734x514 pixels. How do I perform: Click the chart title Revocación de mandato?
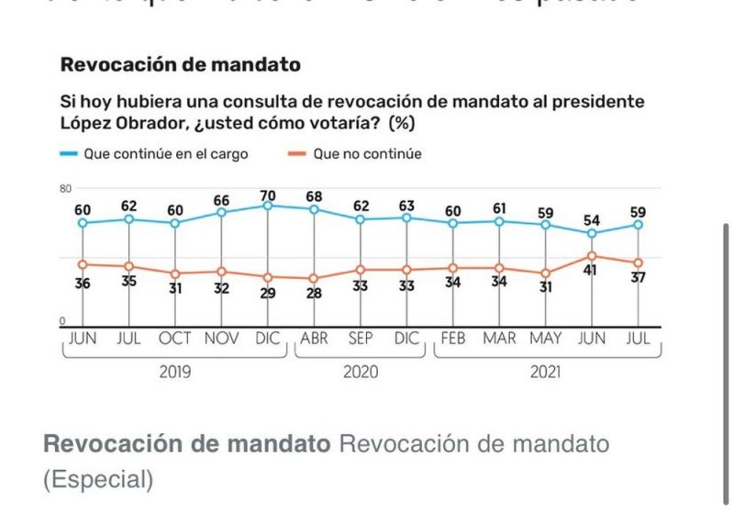(x=180, y=65)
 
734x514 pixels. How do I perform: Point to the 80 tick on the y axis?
(x=65, y=188)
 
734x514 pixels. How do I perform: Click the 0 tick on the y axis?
(x=62, y=320)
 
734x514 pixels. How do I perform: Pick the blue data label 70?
(x=267, y=195)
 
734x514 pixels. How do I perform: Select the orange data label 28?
(x=314, y=294)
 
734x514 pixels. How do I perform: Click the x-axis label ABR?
(x=314, y=339)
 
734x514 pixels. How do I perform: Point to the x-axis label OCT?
(x=174, y=339)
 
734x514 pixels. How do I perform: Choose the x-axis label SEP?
(x=361, y=339)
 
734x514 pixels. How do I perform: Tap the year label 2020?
(x=361, y=373)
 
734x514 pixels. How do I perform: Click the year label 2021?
(x=545, y=373)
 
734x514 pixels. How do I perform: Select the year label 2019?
(x=174, y=373)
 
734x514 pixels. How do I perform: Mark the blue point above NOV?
(x=221, y=212)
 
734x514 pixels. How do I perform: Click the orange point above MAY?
(x=545, y=273)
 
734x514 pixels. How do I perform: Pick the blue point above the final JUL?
(x=638, y=224)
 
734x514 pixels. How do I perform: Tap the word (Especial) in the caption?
(x=98, y=479)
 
